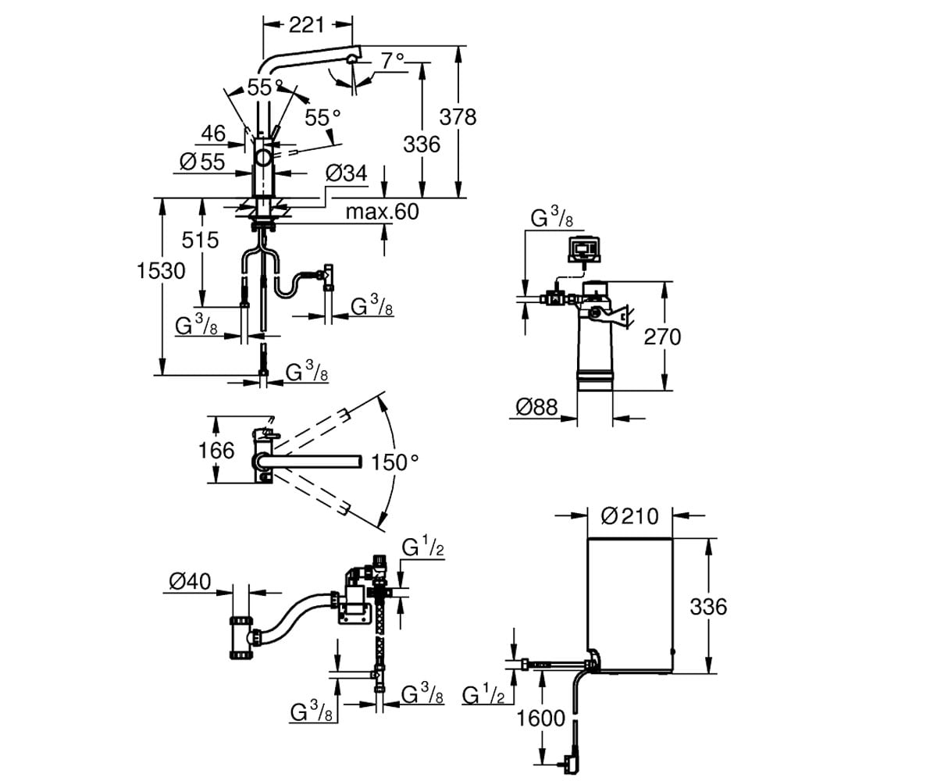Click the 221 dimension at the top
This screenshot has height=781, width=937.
click(x=307, y=25)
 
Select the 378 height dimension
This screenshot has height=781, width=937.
click(x=458, y=117)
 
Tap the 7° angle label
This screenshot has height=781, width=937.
click(x=393, y=61)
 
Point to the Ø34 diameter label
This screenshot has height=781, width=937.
click(x=346, y=173)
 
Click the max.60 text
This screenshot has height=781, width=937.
click(x=383, y=212)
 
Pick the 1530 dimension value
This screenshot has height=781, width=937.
click(x=161, y=271)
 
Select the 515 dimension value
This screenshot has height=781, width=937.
click(x=200, y=240)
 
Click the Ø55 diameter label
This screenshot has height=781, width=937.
click(x=202, y=162)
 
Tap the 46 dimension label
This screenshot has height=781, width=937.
click(x=214, y=134)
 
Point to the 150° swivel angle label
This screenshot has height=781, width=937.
click(x=395, y=462)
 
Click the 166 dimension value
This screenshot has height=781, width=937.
click(x=216, y=451)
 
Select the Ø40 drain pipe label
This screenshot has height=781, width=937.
click(x=190, y=582)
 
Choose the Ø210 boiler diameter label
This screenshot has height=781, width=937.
click(x=629, y=516)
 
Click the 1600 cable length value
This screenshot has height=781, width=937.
click(x=541, y=719)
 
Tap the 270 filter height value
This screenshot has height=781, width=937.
click(x=662, y=337)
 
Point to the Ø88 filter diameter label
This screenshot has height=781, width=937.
click(x=536, y=408)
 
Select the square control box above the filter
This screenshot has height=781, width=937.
click(x=583, y=250)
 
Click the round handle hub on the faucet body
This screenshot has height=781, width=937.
click(x=263, y=159)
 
